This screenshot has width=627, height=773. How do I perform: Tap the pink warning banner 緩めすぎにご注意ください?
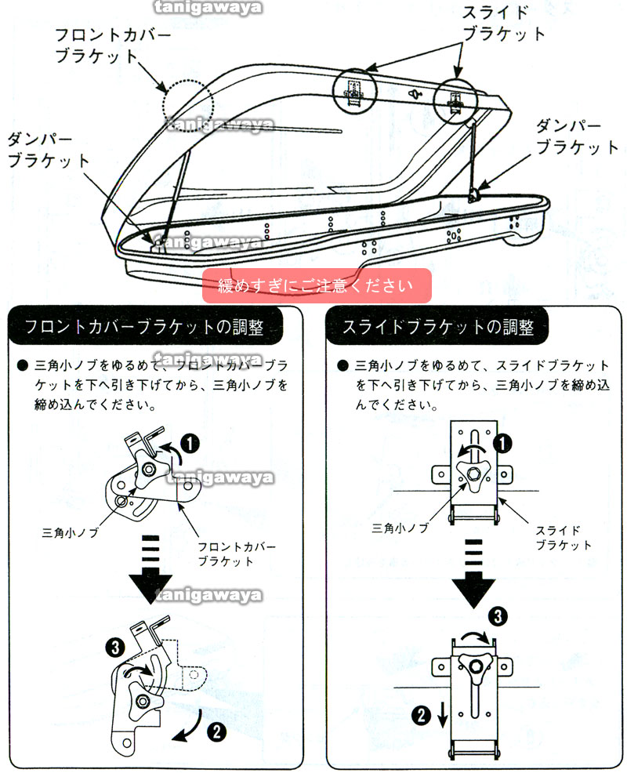[x=317, y=285]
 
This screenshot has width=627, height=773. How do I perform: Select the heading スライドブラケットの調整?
[x=438, y=328]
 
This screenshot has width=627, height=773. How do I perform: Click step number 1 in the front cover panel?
[x=190, y=444]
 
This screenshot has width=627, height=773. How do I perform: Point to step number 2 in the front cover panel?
[x=216, y=732]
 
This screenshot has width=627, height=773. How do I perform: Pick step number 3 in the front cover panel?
[x=114, y=648]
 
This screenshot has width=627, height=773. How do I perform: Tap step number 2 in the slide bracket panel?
[x=421, y=714]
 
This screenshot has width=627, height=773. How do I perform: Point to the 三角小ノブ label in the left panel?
[x=70, y=532]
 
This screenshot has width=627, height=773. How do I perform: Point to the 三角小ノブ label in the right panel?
[x=400, y=528]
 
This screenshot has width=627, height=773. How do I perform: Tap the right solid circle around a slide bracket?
[x=455, y=100]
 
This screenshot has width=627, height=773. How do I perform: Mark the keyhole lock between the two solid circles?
[x=415, y=93]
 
